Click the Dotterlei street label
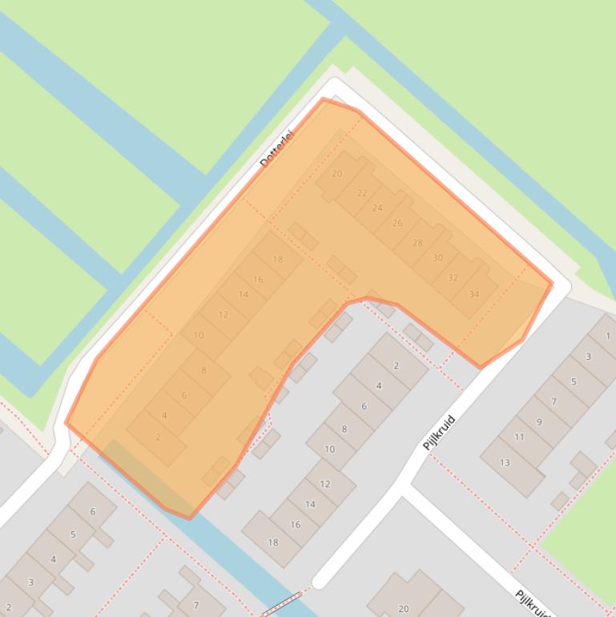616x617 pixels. coord(277,148)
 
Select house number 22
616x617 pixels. coord(362,193)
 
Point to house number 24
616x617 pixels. coord(377,208)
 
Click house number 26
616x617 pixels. coord(397,223)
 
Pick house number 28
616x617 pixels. coord(417,243)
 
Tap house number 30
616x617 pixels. coord(437,258)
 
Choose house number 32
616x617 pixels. coord(453,278)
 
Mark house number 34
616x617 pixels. coord(474,294)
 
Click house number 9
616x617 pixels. coord(539,421)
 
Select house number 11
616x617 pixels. coord(519,437)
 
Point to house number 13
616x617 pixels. coord(505,462)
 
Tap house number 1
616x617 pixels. coord(608,337)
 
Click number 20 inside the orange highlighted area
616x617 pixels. coord(336,173)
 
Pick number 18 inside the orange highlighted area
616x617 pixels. coord(278,260)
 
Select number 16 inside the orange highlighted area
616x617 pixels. coord(258,280)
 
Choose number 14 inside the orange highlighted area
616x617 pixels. coord(243,294)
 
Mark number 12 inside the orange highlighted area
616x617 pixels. coord(223,315)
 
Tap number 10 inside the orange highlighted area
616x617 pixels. coord(199,336)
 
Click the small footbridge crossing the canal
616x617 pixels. coord(281,603)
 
